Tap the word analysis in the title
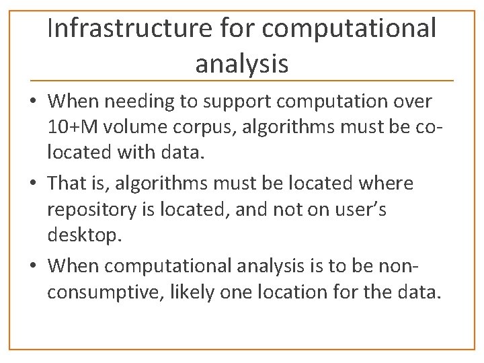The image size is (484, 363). point(242,64)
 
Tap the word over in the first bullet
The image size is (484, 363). point(412,102)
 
